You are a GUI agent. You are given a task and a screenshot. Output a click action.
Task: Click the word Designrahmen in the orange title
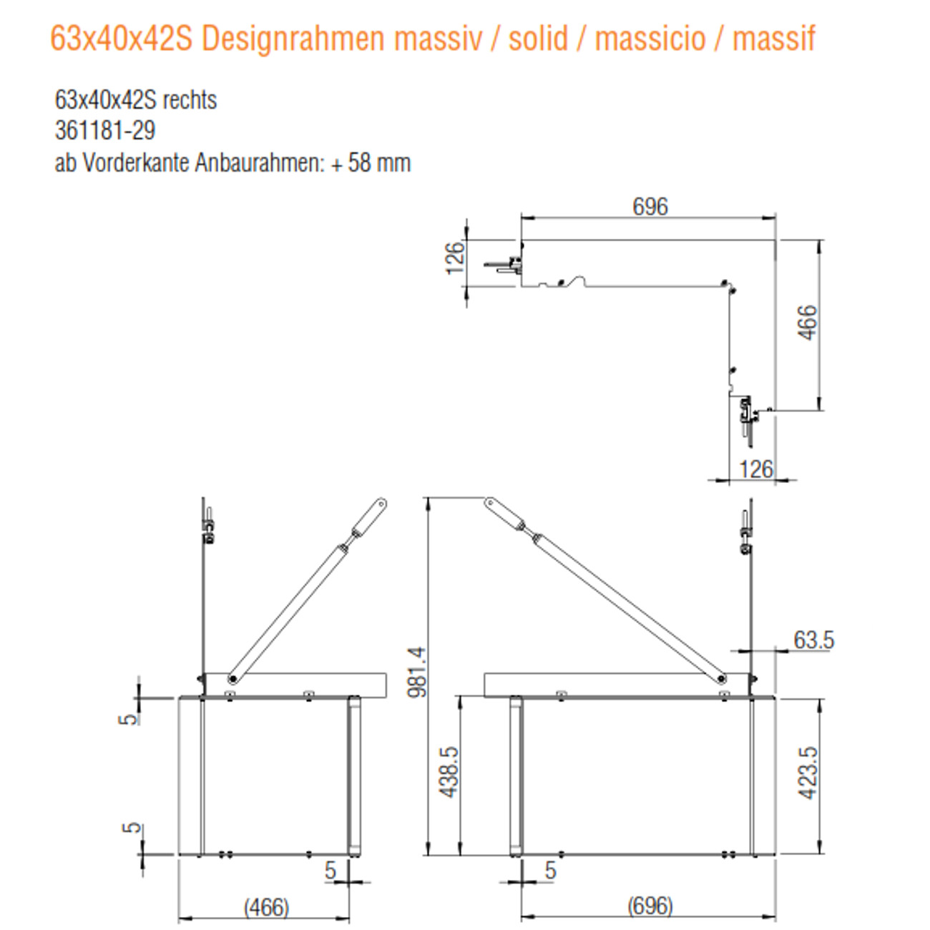coord(294,39)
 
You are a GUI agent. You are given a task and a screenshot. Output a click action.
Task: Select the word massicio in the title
coord(650,39)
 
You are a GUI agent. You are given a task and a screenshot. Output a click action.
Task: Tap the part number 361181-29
coord(104,130)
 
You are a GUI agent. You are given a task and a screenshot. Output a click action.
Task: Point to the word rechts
coord(190,99)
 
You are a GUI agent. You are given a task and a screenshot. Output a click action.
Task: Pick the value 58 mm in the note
coord(379,163)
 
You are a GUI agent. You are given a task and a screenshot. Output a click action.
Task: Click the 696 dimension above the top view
coord(650,207)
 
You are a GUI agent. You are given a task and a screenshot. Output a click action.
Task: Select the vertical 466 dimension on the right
coord(806,323)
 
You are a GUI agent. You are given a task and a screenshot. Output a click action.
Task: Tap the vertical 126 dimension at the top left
coord(454,258)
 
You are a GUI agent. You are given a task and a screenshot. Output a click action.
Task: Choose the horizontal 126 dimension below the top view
coord(755,469)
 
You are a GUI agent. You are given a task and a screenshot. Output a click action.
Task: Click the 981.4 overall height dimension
coord(416,672)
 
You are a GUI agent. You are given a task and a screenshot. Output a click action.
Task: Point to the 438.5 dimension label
coord(449,773)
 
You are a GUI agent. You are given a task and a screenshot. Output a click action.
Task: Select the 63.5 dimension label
coord(813,640)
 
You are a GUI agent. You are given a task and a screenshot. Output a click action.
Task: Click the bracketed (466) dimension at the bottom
coord(266,907)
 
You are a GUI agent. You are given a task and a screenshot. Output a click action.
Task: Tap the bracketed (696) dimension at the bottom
coord(650,906)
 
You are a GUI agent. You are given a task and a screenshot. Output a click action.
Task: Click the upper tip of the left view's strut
coord(381,504)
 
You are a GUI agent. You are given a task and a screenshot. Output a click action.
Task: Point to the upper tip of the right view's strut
coord(489,503)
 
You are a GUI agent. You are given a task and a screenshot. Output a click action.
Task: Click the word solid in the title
coord(538,39)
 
